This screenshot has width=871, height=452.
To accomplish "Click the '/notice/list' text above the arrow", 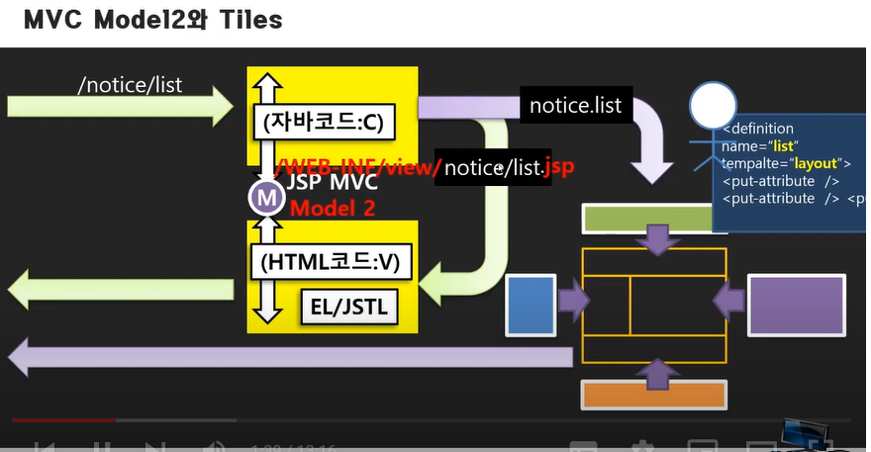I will pos(130,85).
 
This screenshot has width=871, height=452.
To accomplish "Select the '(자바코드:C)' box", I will pos(325,122).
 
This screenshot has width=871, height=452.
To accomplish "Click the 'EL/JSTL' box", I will pos(349,308).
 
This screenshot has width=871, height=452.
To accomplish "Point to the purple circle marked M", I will pos(265,198).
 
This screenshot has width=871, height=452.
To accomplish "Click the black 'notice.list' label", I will pos(575,104).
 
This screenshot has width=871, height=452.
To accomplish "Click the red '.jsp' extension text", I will pos(559,167).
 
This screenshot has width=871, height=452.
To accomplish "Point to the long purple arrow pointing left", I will pos(287,354).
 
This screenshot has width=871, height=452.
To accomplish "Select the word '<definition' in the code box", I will pos(758,129).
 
